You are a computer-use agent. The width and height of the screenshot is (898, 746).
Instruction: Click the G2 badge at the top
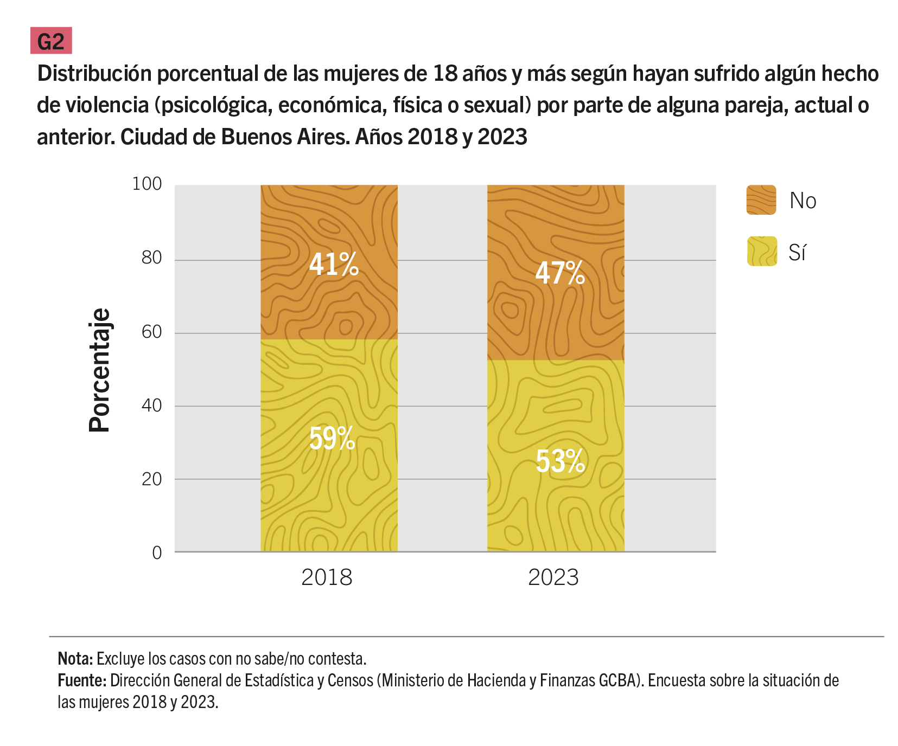(x=51, y=41)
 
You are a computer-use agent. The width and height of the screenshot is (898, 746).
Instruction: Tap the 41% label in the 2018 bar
(x=334, y=265)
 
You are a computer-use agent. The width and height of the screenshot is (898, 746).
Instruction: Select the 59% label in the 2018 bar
(x=332, y=438)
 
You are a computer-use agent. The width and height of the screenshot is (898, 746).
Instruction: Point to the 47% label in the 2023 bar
(x=560, y=273)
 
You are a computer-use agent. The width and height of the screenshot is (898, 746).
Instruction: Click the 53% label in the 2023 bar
(x=560, y=461)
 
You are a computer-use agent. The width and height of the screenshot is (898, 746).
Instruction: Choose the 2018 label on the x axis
(x=327, y=577)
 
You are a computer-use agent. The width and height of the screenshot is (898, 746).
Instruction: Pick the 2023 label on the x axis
(x=553, y=577)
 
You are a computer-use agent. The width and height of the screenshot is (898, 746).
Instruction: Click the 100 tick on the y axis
(x=147, y=184)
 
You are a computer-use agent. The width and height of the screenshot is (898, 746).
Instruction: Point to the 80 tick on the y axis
(x=152, y=258)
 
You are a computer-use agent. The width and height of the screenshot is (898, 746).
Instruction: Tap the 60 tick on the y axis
(x=152, y=332)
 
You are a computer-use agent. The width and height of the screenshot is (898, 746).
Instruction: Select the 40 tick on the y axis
(x=152, y=406)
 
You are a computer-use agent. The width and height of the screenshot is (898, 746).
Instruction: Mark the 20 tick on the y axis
(x=152, y=479)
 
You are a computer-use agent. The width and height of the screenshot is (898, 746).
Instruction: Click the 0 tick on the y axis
(x=157, y=553)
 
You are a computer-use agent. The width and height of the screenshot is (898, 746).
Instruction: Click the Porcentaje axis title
(x=100, y=370)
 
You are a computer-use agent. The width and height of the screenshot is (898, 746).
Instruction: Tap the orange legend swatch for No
(x=761, y=200)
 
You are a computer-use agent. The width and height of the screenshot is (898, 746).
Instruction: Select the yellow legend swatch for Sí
(x=762, y=252)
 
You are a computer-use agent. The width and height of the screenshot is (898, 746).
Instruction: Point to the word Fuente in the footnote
(x=81, y=680)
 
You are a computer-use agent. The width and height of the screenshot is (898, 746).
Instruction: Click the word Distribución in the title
(x=94, y=74)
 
